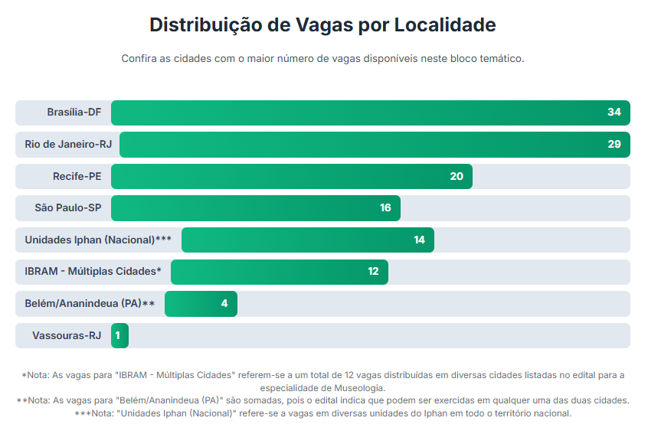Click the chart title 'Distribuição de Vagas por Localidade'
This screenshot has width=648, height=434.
click(322, 25)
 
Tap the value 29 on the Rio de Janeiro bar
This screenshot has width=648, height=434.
click(614, 145)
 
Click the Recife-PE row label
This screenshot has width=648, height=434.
click(77, 176)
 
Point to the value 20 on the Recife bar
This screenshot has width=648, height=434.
click(457, 176)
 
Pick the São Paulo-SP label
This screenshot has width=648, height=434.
click(68, 207)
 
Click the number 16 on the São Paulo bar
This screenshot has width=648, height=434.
click(385, 207)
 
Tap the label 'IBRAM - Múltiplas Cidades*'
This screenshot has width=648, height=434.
click(93, 271)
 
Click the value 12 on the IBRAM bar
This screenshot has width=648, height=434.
click(373, 271)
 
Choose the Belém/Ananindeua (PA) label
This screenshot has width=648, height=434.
click(90, 303)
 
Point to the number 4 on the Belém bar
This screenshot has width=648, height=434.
click(224, 303)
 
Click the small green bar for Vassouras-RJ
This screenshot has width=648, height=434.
click(119, 335)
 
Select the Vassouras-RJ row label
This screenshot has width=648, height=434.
click(67, 335)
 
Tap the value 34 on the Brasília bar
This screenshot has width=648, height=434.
click(614, 113)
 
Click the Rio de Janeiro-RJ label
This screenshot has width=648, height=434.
click(68, 145)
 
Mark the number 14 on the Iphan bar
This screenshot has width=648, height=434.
click(419, 240)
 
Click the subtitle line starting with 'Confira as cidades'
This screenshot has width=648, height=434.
click(322, 59)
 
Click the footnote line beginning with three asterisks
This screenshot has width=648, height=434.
click(322, 413)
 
